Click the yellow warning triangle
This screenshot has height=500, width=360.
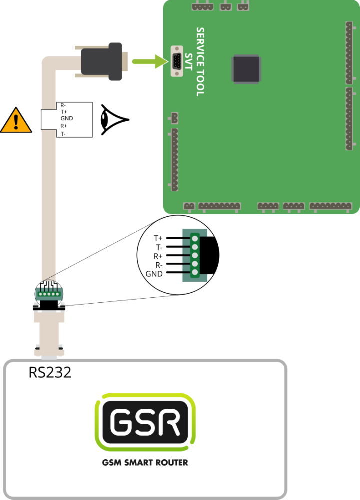(16, 120)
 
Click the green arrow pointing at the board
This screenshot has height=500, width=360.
(149, 62)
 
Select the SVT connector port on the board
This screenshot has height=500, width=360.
(176, 61)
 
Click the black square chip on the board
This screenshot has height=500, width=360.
(245, 69)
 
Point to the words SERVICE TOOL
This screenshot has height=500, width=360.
(200, 62)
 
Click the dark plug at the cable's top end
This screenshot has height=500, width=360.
(101, 62)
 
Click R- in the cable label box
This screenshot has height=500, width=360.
(63, 105)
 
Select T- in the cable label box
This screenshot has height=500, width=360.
(63, 133)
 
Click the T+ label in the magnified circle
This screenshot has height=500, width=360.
(158, 238)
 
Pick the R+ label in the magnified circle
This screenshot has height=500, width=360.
(158, 256)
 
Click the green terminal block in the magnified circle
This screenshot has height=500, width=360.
(194, 256)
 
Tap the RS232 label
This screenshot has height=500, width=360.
(50, 373)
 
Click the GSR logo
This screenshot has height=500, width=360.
(145, 423)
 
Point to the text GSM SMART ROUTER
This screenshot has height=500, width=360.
(145, 463)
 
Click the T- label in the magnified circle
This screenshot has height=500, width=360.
(159, 247)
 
